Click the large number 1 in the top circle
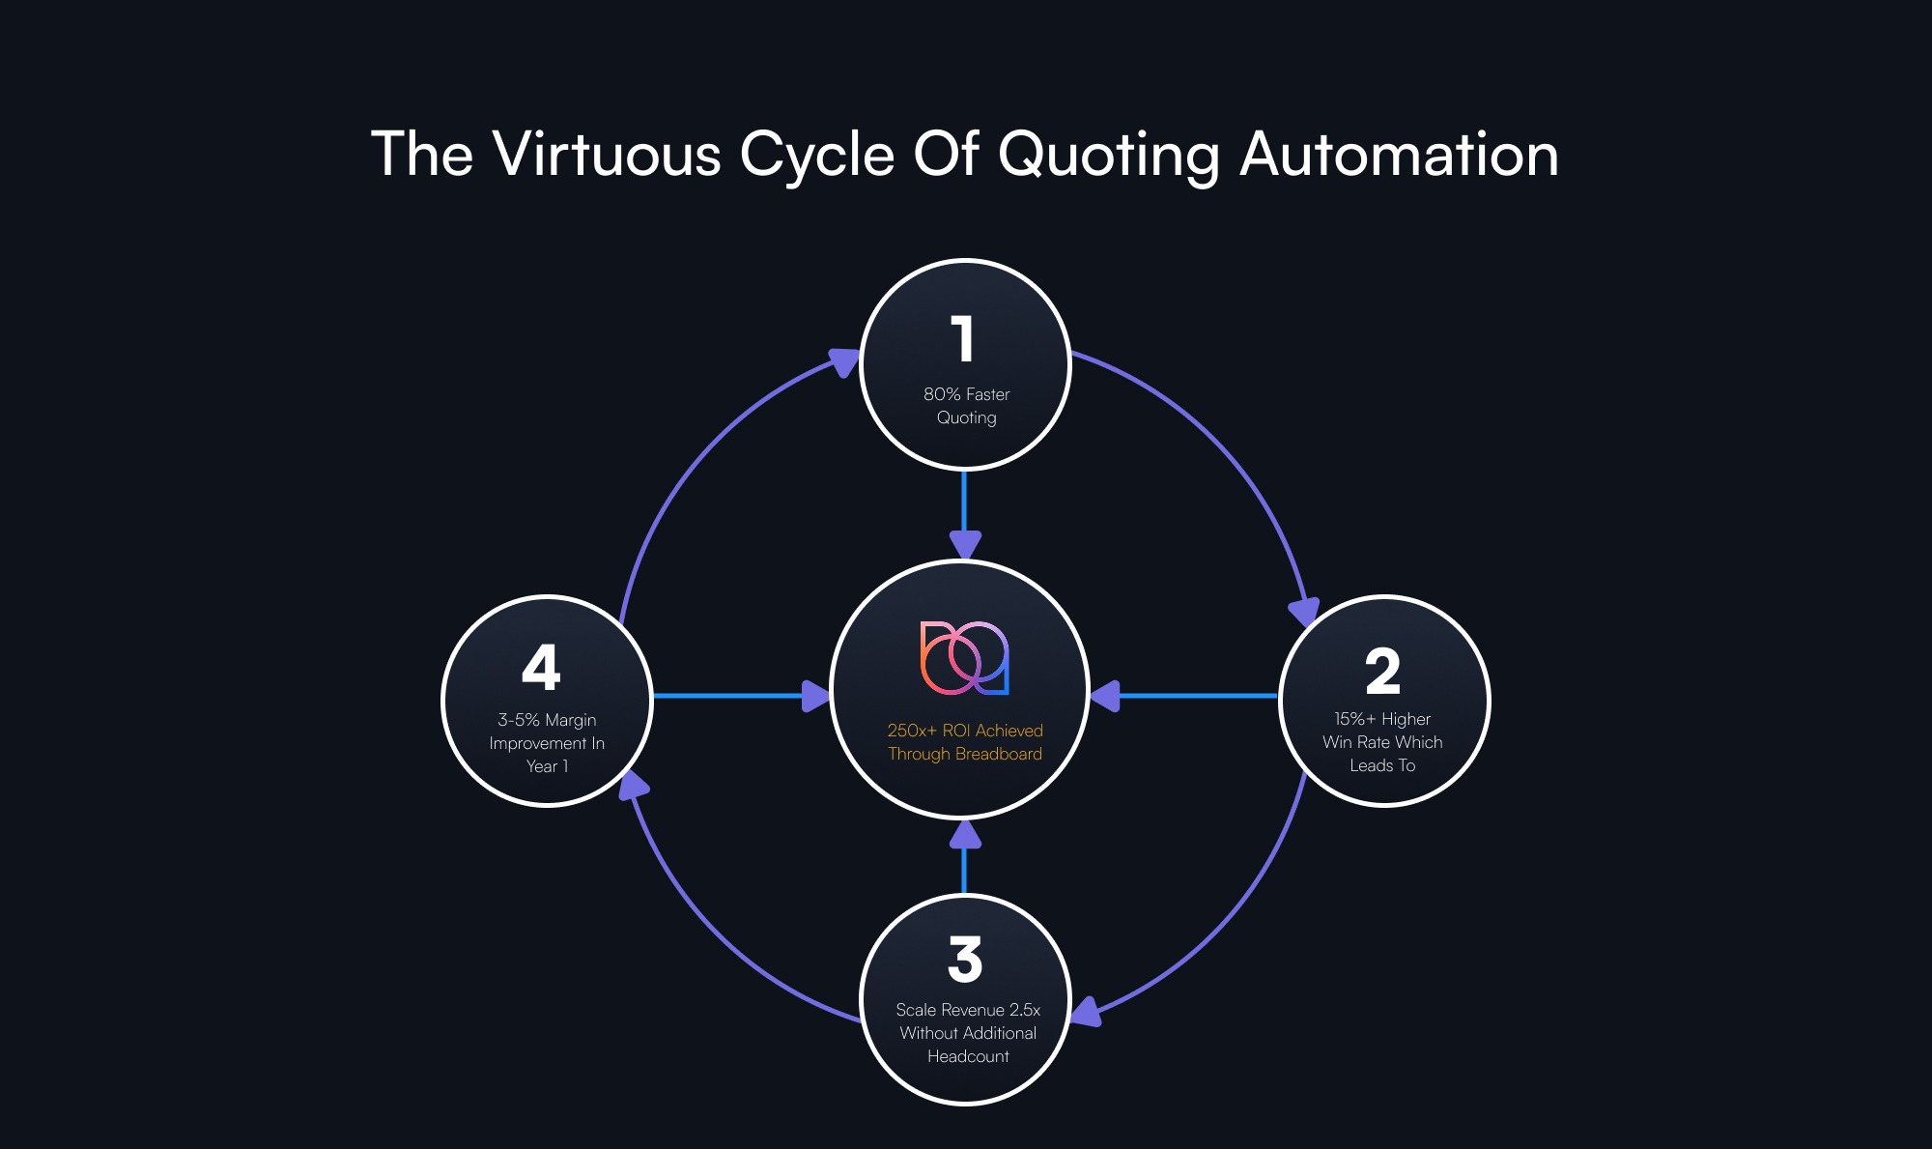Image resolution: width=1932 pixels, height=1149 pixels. (962, 338)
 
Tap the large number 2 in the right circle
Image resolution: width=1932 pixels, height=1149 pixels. (1382, 672)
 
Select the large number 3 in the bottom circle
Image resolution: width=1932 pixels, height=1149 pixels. (965, 959)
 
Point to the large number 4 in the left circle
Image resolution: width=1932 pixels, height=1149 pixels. (541, 667)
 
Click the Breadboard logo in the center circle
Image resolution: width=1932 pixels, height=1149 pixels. (964, 658)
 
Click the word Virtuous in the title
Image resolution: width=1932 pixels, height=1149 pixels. (607, 154)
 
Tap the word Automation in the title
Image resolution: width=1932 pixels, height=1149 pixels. (1399, 154)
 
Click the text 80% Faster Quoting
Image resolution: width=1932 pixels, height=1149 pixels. (966, 406)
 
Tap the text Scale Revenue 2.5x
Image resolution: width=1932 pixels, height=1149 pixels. (968, 1010)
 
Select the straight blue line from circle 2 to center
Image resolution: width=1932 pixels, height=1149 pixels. (1198, 696)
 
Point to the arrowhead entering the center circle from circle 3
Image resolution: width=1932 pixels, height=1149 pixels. (965, 835)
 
